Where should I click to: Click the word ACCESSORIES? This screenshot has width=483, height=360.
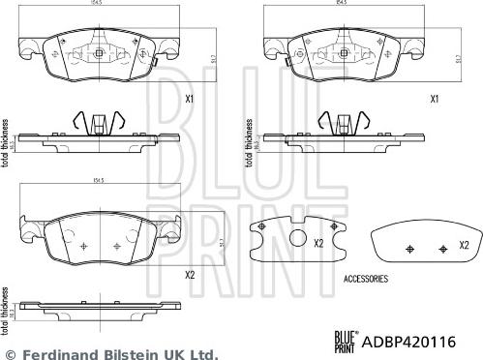pos(366,278)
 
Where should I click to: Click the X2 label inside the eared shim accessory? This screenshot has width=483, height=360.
pos(318,244)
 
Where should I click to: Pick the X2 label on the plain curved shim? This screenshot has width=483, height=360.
pos(464,245)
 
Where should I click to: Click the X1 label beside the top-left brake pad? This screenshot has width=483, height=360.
pos(190,99)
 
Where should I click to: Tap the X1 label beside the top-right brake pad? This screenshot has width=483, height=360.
pos(435,99)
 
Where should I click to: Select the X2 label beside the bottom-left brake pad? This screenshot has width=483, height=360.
pos(190,275)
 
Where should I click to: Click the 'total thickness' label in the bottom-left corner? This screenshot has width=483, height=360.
pos(7,318)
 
